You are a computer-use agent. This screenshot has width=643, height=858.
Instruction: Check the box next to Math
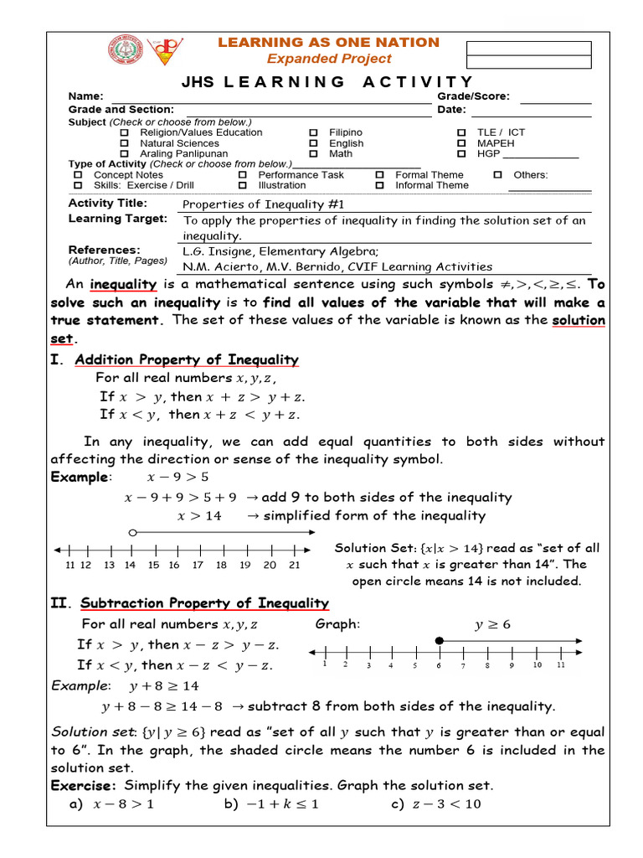313,154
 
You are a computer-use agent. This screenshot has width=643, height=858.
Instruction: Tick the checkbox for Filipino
313,132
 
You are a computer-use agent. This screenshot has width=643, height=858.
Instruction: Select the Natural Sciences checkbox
125,143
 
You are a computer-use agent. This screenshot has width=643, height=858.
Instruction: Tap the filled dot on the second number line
439,641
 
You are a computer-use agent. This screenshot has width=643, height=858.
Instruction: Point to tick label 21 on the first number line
294,566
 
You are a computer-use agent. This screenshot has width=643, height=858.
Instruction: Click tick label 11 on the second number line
560,665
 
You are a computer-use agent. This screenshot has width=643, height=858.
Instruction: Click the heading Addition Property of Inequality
186,359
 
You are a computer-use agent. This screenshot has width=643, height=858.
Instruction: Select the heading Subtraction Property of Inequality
204,603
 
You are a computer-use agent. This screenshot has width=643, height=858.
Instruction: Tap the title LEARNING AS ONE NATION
328,42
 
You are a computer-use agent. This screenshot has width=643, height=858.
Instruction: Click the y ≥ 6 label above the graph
492,624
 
